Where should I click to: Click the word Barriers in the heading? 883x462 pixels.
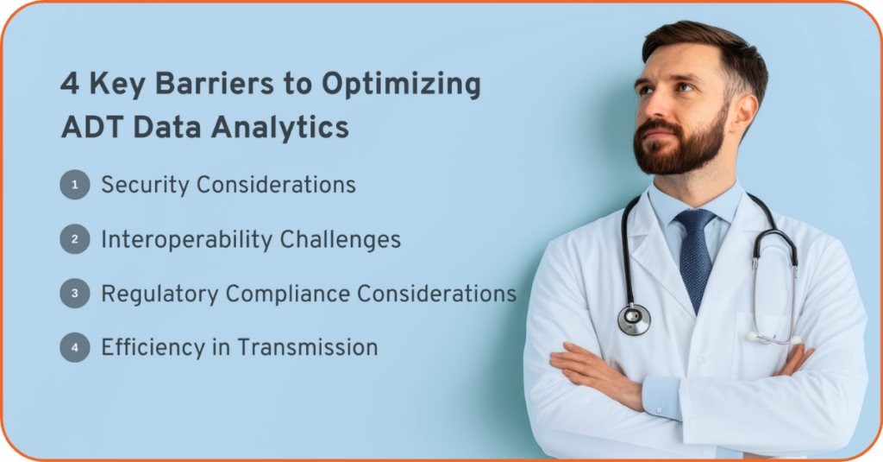tap(215, 84)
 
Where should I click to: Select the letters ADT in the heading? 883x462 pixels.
tap(91, 127)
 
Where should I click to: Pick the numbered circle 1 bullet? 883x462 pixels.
tap(75, 185)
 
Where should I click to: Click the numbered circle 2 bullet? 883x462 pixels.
tap(75, 238)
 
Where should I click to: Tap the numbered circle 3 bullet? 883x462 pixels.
tap(75, 293)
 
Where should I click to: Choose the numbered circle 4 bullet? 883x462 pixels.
tap(75, 347)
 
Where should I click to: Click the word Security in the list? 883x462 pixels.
tap(145, 186)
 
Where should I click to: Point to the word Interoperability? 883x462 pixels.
tap(187, 240)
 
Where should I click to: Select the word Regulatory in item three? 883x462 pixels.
tap(160, 294)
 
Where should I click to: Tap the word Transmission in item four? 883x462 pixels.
tap(308, 347)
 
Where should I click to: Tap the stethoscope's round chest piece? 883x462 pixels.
tap(634, 320)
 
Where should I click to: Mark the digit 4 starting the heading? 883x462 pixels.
tap(70, 84)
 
